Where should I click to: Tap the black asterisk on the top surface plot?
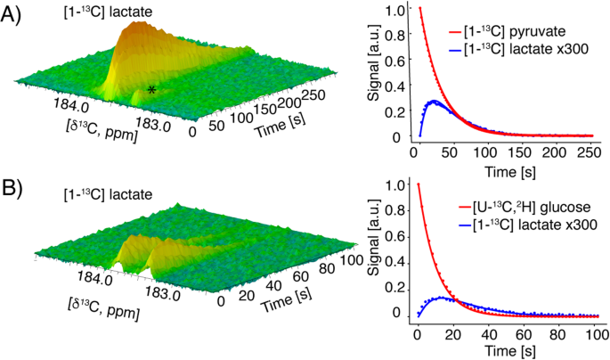[152, 90]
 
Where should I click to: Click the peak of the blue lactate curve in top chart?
[432, 102]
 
